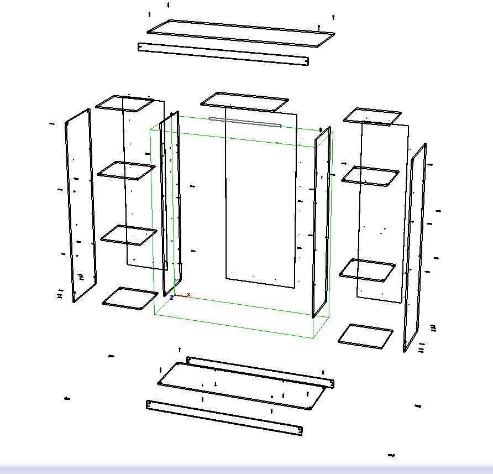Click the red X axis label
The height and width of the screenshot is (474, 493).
coord(188,295)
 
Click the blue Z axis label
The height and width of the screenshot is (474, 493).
coord(172,298)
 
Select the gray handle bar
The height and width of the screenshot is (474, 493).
coord(245,122)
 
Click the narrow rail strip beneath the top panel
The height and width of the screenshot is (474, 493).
coord(223,54)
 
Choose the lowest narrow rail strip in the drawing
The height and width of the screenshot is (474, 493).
coord(224,418)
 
